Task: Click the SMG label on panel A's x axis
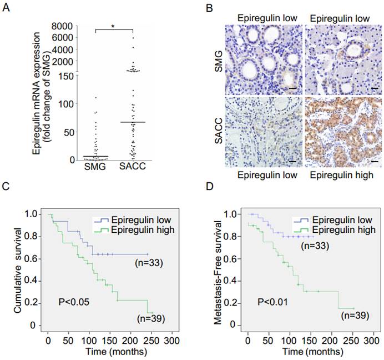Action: point(95,168)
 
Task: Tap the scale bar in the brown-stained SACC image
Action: point(374,162)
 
